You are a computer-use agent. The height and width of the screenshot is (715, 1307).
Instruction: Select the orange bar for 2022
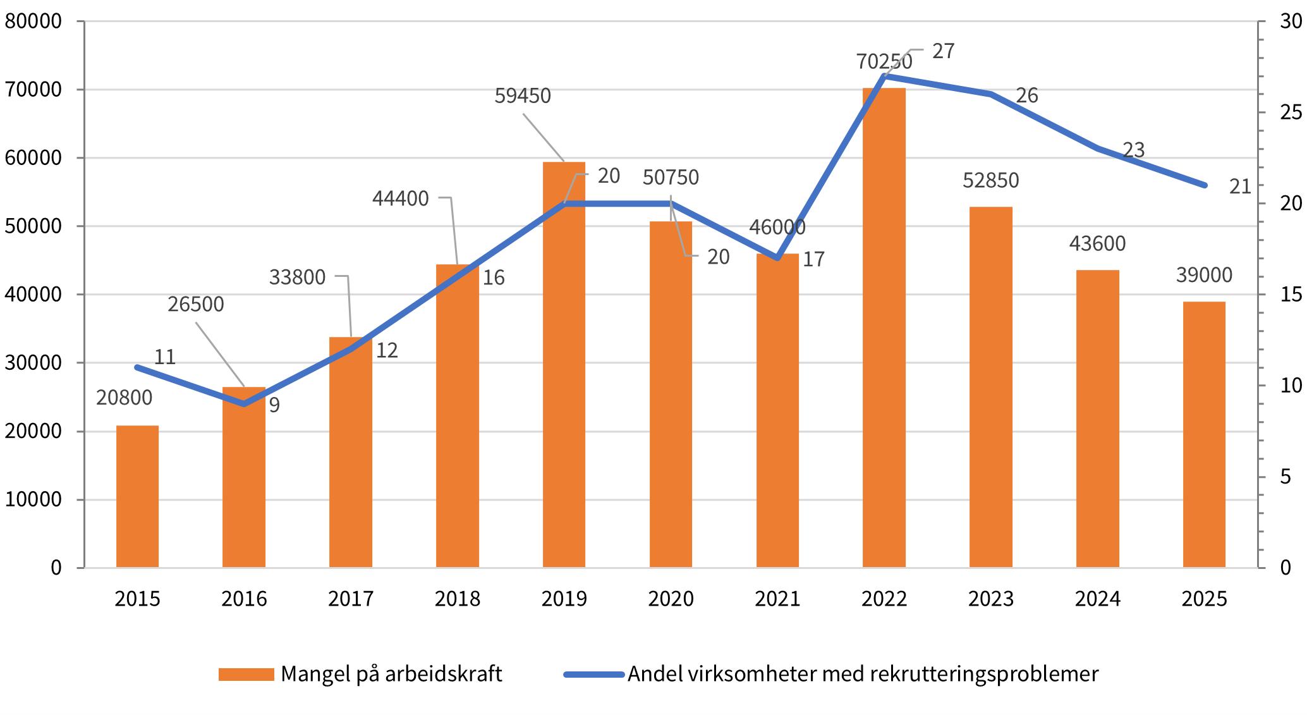pos(884,329)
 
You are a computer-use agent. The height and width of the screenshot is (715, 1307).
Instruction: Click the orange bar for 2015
pos(137,497)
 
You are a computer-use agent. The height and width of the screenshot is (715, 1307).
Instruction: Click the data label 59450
pos(523,96)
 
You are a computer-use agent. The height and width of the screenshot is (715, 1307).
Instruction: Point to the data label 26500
pos(196,305)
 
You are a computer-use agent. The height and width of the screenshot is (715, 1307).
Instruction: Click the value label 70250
pos(884,62)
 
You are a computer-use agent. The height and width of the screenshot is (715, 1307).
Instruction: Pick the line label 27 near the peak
pos(943,51)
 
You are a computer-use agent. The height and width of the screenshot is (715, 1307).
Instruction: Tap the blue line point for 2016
pos(245,404)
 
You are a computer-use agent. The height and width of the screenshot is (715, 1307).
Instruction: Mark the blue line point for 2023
pos(991,94)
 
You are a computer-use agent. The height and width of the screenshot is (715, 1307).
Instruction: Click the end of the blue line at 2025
pos(1205,185)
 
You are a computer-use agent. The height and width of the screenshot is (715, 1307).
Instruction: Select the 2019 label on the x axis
pos(564,599)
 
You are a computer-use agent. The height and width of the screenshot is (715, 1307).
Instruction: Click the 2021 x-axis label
pos(777,599)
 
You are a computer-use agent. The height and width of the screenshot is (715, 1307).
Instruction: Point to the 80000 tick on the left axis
pos(33,21)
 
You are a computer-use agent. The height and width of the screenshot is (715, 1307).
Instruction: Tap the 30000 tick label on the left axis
pos(33,363)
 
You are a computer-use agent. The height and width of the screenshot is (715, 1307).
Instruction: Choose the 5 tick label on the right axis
pos(1286,477)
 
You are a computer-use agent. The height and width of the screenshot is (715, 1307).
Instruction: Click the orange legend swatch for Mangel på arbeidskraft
pos(246,675)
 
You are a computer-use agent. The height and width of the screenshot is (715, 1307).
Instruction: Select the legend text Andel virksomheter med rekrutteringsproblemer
pos(863,675)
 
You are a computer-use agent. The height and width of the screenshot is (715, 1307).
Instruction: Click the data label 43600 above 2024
pos(1097,244)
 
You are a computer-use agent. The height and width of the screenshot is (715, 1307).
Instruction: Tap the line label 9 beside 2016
pos(274,405)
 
